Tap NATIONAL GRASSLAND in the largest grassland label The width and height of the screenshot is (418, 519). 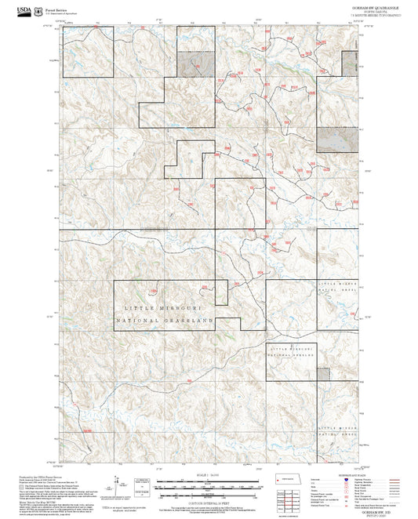pos(165,321)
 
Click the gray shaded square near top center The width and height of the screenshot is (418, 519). pos(195,64)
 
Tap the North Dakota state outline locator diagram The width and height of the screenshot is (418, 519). pos(289,480)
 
